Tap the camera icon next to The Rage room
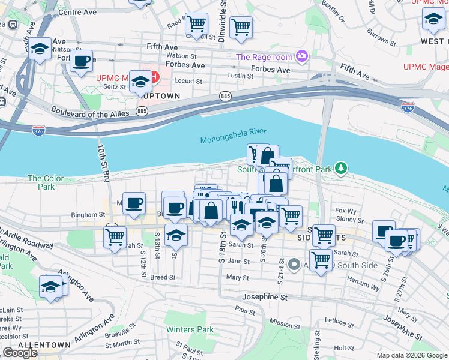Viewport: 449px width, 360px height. point(301,57)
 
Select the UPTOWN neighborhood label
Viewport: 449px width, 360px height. point(160,95)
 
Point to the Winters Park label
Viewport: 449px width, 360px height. point(190,329)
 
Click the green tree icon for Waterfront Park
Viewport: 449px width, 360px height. point(342,167)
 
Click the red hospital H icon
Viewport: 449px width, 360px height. point(154,77)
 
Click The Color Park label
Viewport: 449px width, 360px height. point(41,182)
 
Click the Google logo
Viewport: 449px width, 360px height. point(20,353)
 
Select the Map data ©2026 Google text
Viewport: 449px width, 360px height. point(411,355)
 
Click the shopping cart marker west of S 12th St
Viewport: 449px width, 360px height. point(114,235)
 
